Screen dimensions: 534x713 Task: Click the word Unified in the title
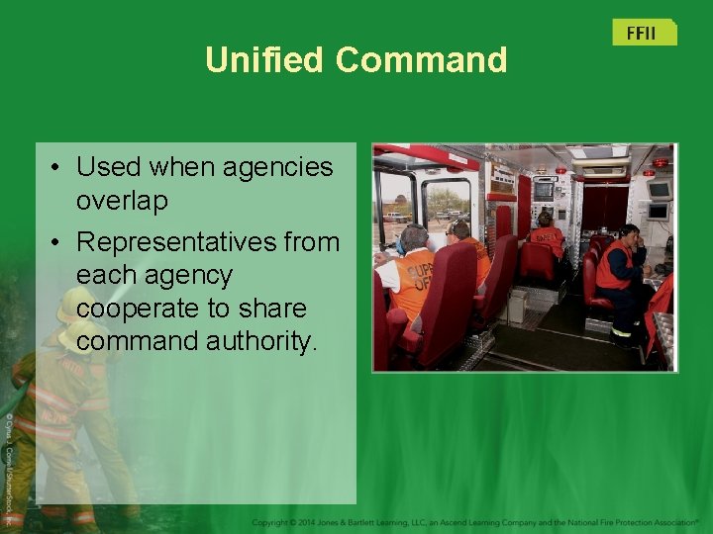(264, 60)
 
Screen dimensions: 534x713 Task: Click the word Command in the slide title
(421, 60)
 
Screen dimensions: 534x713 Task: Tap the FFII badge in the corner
(643, 33)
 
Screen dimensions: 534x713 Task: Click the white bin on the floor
(515, 305)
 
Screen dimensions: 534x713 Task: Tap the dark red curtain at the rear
(603, 208)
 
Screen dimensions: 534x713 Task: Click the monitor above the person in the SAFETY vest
(544, 190)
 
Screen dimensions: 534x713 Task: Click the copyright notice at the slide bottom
(475, 521)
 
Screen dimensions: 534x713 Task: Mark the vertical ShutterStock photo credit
(7, 465)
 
